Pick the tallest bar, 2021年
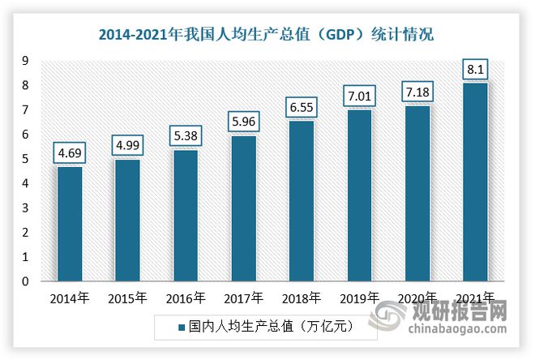(474, 182)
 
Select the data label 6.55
(302, 105)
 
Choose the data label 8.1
(475, 67)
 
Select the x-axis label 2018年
(301, 298)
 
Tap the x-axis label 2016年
(185, 298)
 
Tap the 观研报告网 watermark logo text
(470, 311)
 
